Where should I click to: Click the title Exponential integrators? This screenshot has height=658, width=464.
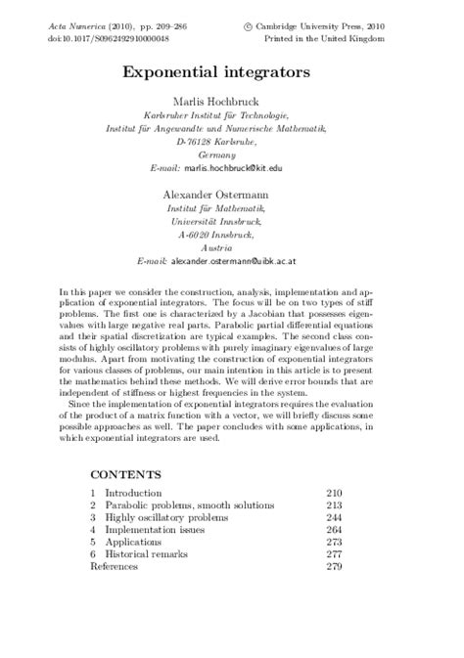pyautogui.click(x=231, y=72)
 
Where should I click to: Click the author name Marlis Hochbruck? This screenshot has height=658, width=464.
pyautogui.click(x=231, y=101)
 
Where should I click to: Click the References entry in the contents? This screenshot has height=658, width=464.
pyautogui.click(x=114, y=565)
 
